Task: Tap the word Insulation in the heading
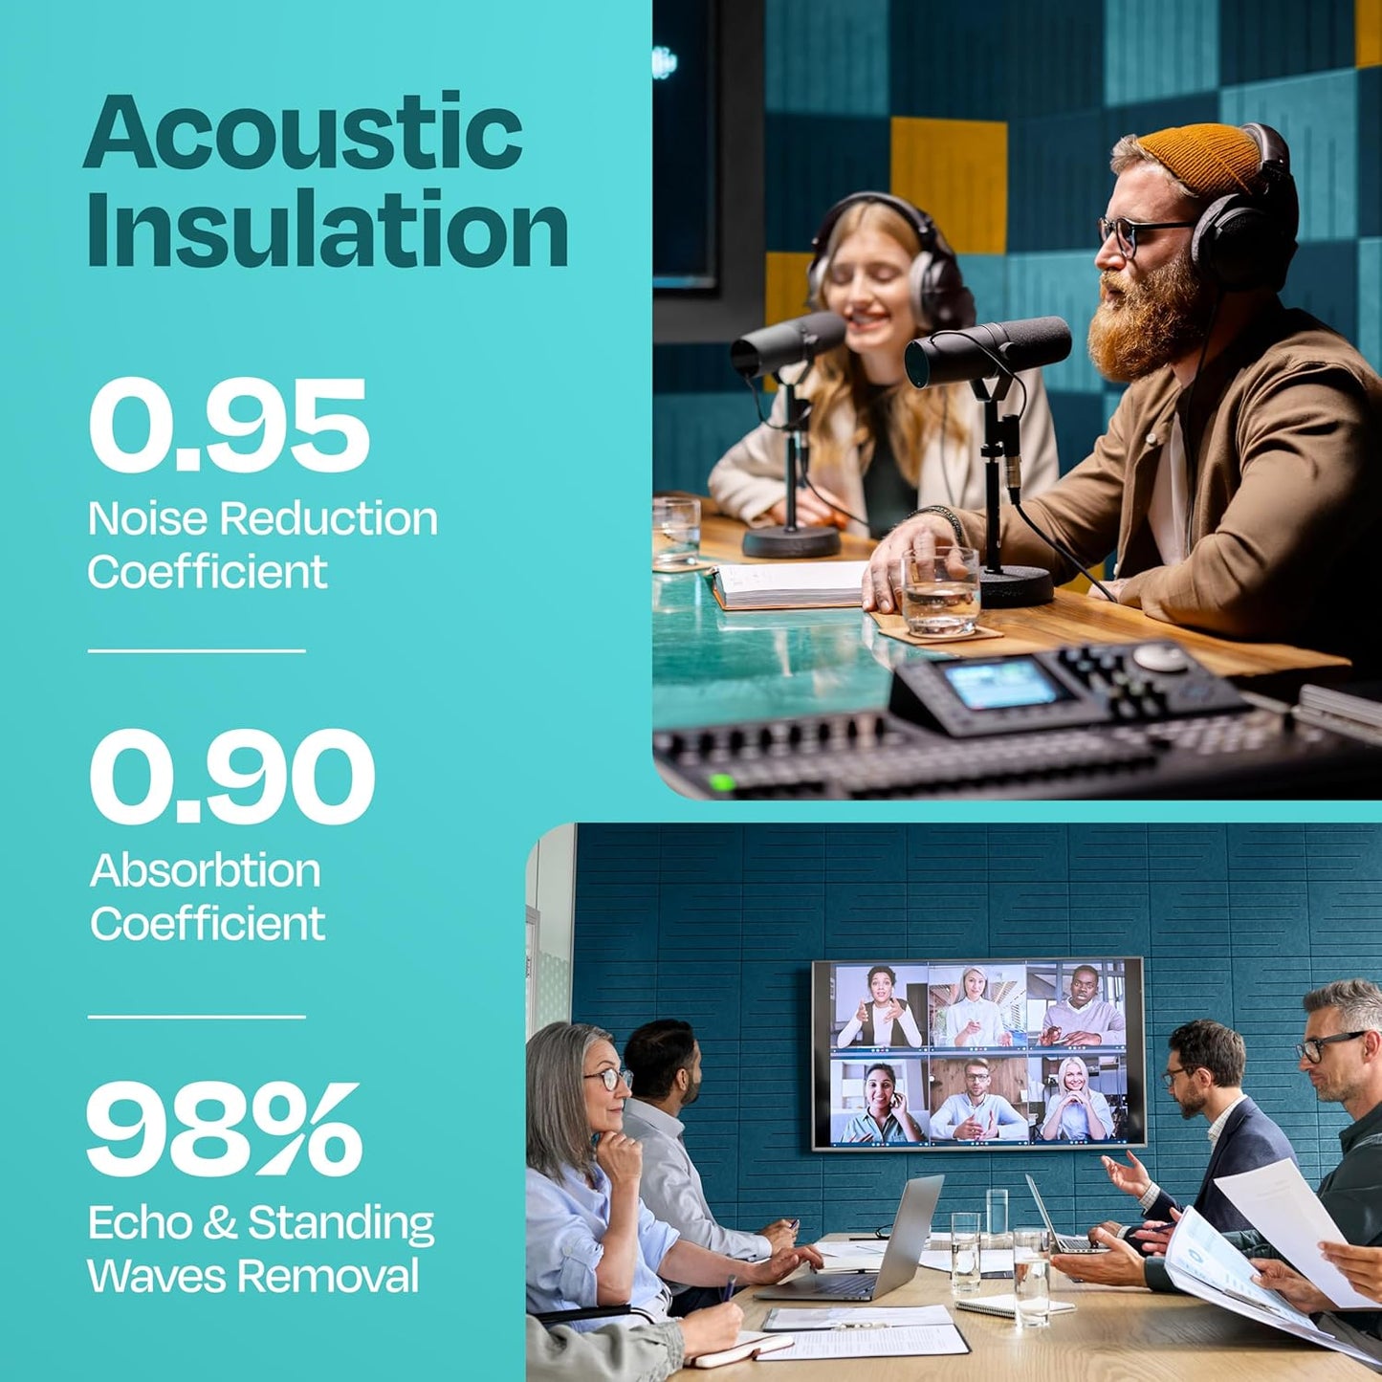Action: click(x=327, y=229)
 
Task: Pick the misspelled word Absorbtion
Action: click(x=206, y=870)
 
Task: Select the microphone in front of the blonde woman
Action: click(x=787, y=344)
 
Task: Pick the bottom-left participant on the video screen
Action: click(x=880, y=1100)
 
